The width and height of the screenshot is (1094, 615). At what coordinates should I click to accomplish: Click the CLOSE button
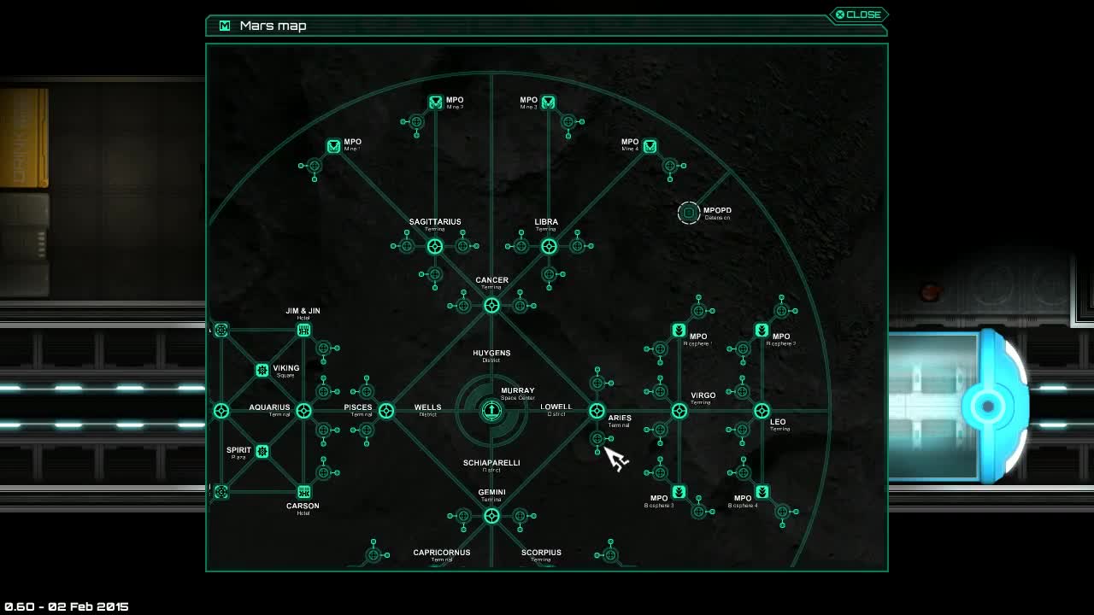click(x=858, y=15)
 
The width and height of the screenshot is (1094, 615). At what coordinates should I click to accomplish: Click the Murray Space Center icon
click(x=491, y=411)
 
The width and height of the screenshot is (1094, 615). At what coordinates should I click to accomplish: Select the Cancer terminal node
click(x=491, y=305)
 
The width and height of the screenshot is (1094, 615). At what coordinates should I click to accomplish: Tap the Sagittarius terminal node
click(x=435, y=247)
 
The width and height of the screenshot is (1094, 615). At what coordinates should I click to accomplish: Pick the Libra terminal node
click(x=549, y=247)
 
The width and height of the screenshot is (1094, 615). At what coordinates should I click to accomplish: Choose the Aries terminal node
click(x=597, y=411)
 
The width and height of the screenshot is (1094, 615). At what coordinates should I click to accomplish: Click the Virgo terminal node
click(x=679, y=411)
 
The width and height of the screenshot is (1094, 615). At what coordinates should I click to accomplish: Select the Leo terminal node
click(x=762, y=411)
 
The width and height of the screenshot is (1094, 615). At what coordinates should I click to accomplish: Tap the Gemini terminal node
click(x=491, y=516)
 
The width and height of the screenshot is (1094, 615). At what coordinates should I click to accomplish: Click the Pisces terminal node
click(x=386, y=411)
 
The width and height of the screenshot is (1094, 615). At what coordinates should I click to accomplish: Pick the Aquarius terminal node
click(x=303, y=411)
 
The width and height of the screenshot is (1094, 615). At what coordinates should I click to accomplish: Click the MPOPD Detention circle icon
click(x=689, y=213)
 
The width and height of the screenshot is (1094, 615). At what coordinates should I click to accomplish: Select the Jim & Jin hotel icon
click(x=303, y=330)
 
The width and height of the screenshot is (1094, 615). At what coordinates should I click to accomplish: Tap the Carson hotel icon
click(x=303, y=492)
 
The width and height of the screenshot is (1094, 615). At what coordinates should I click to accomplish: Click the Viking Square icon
click(x=262, y=370)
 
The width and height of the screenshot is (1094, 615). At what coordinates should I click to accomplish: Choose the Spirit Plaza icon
click(x=262, y=451)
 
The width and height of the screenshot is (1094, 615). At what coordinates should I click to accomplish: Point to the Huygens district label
click(x=491, y=354)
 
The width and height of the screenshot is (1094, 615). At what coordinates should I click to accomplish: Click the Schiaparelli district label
click(x=491, y=464)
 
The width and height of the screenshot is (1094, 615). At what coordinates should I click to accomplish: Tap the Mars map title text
click(x=273, y=26)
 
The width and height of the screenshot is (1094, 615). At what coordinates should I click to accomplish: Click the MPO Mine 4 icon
click(x=650, y=147)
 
